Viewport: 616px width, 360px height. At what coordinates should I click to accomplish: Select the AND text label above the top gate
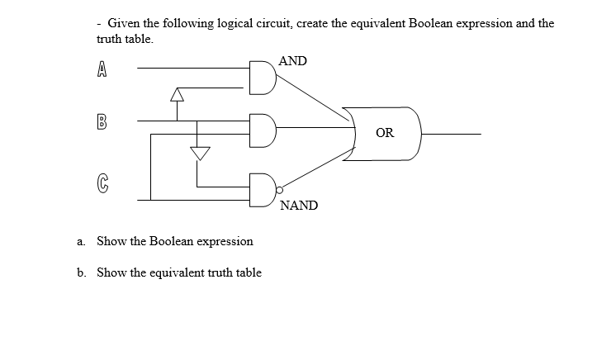pyautogui.click(x=293, y=61)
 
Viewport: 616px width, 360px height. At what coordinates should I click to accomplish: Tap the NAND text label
pyautogui.click(x=299, y=206)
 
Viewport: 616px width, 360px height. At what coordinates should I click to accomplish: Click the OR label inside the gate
pyautogui.click(x=385, y=132)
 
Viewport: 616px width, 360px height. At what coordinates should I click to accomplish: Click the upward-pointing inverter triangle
pyautogui.click(x=176, y=95)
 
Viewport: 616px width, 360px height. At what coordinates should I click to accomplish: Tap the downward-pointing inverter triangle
pyautogui.click(x=198, y=153)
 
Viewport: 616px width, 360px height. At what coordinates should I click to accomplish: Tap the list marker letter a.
pyautogui.click(x=81, y=241)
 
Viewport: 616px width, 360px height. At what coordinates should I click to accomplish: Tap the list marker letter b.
pyautogui.click(x=81, y=272)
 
